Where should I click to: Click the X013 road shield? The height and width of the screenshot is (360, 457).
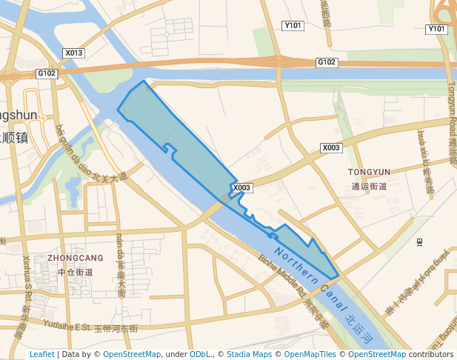(x=74, y=53)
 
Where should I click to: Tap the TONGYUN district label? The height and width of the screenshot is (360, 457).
(x=369, y=172)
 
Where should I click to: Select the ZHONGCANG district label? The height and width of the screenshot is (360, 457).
(x=76, y=258)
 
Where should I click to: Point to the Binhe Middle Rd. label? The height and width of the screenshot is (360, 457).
(x=282, y=277)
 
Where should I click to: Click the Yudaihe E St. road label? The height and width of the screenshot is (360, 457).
(x=67, y=325)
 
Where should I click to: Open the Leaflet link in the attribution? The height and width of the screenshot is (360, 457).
(x=41, y=354)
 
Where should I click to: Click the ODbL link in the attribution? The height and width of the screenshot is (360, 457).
(x=201, y=354)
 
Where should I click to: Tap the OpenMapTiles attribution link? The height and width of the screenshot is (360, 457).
(x=309, y=354)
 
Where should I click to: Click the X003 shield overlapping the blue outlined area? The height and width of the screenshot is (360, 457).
(x=242, y=188)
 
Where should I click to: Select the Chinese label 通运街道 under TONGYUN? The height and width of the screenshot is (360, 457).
(x=370, y=186)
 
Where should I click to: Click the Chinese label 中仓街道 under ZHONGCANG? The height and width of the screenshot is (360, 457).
(x=76, y=272)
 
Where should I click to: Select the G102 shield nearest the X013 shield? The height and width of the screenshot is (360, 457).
(x=47, y=73)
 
